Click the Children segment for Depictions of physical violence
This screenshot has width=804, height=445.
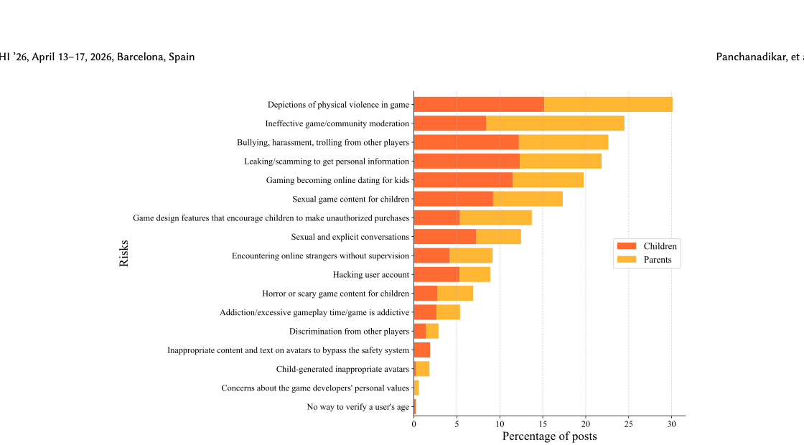pyautogui.click(x=479, y=104)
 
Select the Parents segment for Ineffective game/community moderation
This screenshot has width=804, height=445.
pyautogui.click(x=555, y=123)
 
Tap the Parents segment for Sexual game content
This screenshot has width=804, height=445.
pyautogui.click(x=528, y=199)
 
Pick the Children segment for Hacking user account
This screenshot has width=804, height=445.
pyautogui.click(x=436, y=274)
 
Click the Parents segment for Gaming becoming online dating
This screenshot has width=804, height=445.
pyautogui.click(x=548, y=180)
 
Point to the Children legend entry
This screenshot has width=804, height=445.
pyautogui.click(x=646, y=246)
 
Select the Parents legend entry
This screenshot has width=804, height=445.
pyautogui.click(x=646, y=260)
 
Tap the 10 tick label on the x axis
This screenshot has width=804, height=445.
pyautogui.click(x=500, y=423)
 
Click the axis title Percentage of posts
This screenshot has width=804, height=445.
pyautogui.click(x=549, y=436)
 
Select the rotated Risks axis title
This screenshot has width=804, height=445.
pyautogui.click(x=123, y=253)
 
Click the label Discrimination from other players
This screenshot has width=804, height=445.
pyautogui.click(x=349, y=331)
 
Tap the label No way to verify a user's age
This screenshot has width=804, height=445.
pyautogui.click(x=357, y=407)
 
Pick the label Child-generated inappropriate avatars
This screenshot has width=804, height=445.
pyautogui.click(x=342, y=369)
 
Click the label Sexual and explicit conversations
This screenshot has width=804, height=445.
pyautogui.click(x=350, y=237)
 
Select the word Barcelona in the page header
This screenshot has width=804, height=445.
pyautogui.click(x=140, y=57)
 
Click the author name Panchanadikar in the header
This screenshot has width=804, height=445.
pyautogui.click(x=752, y=57)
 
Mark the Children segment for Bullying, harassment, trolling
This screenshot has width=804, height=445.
pyautogui.click(x=466, y=142)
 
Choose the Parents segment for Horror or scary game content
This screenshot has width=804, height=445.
pyautogui.click(x=455, y=293)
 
